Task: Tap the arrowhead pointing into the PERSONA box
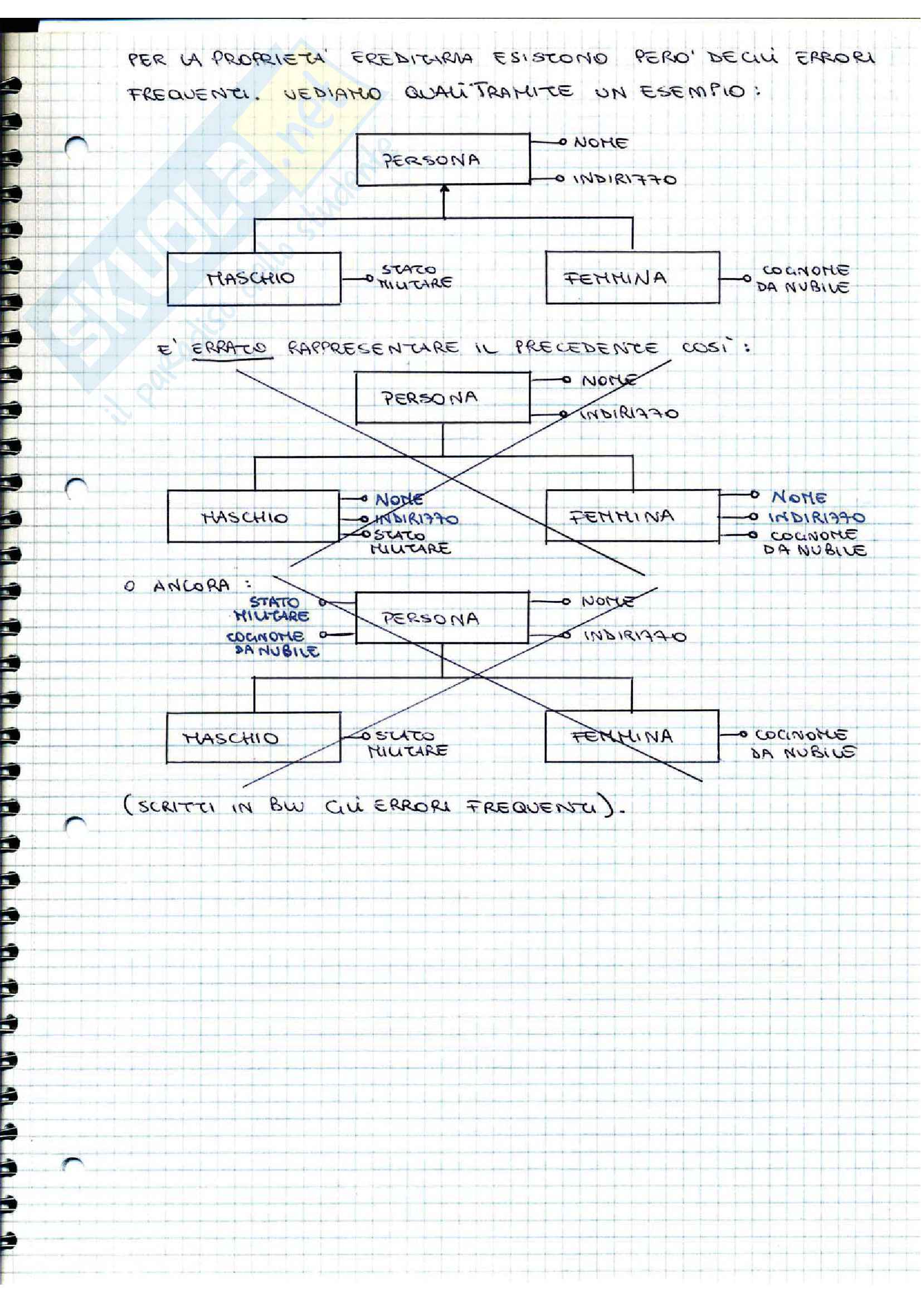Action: [444, 189]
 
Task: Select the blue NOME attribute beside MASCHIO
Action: [399, 499]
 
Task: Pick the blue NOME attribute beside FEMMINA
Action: [798, 497]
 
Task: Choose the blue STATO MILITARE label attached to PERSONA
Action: [272, 608]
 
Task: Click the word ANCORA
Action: [191, 585]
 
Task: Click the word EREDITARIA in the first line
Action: [411, 58]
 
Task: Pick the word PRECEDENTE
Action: [586, 347]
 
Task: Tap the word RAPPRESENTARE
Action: [373, 347]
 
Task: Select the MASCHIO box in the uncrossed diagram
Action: [254, 279]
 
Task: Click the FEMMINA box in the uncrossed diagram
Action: [632, 278]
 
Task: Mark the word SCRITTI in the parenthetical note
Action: [177, 807]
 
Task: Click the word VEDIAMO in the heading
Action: [332, 94]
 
